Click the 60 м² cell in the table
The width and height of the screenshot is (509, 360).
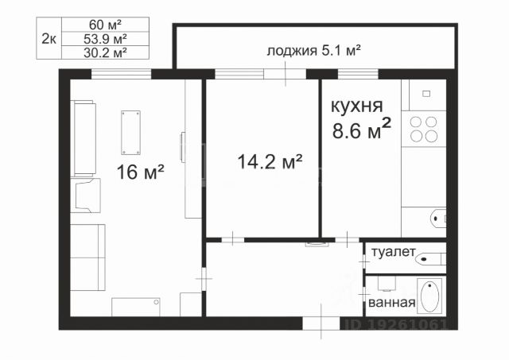[x=105, y=25]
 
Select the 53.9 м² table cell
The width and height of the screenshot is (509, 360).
[x=105, y=39]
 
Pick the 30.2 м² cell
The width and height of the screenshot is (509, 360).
[x=105, y=52]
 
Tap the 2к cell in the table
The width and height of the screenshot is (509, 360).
[x=49, y=38]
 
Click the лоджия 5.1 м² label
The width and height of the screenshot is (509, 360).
[x=314, y=51]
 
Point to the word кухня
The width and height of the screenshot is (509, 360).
[x=357, y=106]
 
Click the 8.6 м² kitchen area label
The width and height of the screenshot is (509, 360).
[x=362, y=129]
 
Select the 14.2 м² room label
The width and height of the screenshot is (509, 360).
[x=270, y=161]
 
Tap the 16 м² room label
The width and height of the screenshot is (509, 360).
[x=140, y=172]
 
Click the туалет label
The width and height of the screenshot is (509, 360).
[x=394, y=252]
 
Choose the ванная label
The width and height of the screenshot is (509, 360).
[x=392, y=303]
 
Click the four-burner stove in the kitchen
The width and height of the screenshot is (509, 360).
[x=424, y=129]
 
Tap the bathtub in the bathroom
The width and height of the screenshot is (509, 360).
[x=429, y=296]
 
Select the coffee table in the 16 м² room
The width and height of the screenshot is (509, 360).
[x=130, y=133]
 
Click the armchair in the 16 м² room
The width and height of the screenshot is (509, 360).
[x=86, y=195]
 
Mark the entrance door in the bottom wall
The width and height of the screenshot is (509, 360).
[x=321, y=323]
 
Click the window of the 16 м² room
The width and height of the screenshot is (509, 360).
[x=121, y=74]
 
